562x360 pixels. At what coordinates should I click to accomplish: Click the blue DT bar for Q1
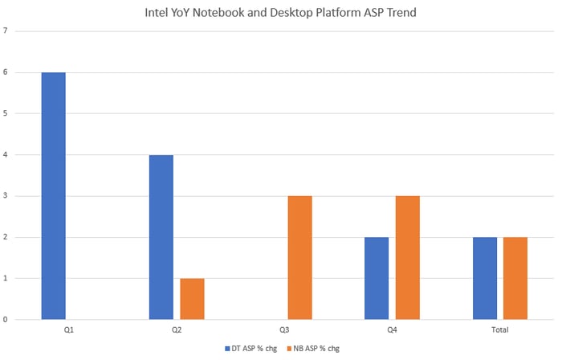[x=53, y=196]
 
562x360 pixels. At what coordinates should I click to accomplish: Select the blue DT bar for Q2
[x=161, y=237]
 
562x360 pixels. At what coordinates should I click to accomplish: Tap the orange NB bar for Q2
[x=192, y=299]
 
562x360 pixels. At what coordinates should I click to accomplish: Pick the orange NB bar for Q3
[x=299, y=257]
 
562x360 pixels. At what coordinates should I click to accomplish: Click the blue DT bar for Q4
[x=377, y=278]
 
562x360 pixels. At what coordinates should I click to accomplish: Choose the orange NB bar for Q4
[x=407, y=257]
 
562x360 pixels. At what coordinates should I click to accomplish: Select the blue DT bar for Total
[x=485, y=278]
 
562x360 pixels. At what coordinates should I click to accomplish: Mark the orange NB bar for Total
[x=515, y=278]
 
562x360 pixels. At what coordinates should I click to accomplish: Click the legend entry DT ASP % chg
[x=252, y=349]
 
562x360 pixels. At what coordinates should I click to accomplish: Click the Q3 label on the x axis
[x=284, y=329]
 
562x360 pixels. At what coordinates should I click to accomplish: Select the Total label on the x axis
[x=499, y=329]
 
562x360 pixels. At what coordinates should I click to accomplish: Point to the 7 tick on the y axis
[x=6, y=31]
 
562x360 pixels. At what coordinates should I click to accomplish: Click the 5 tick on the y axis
[x=6, y=113]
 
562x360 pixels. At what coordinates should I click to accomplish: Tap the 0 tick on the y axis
[x=6, y=319]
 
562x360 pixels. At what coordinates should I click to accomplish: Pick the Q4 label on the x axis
[x=392, y=329]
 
